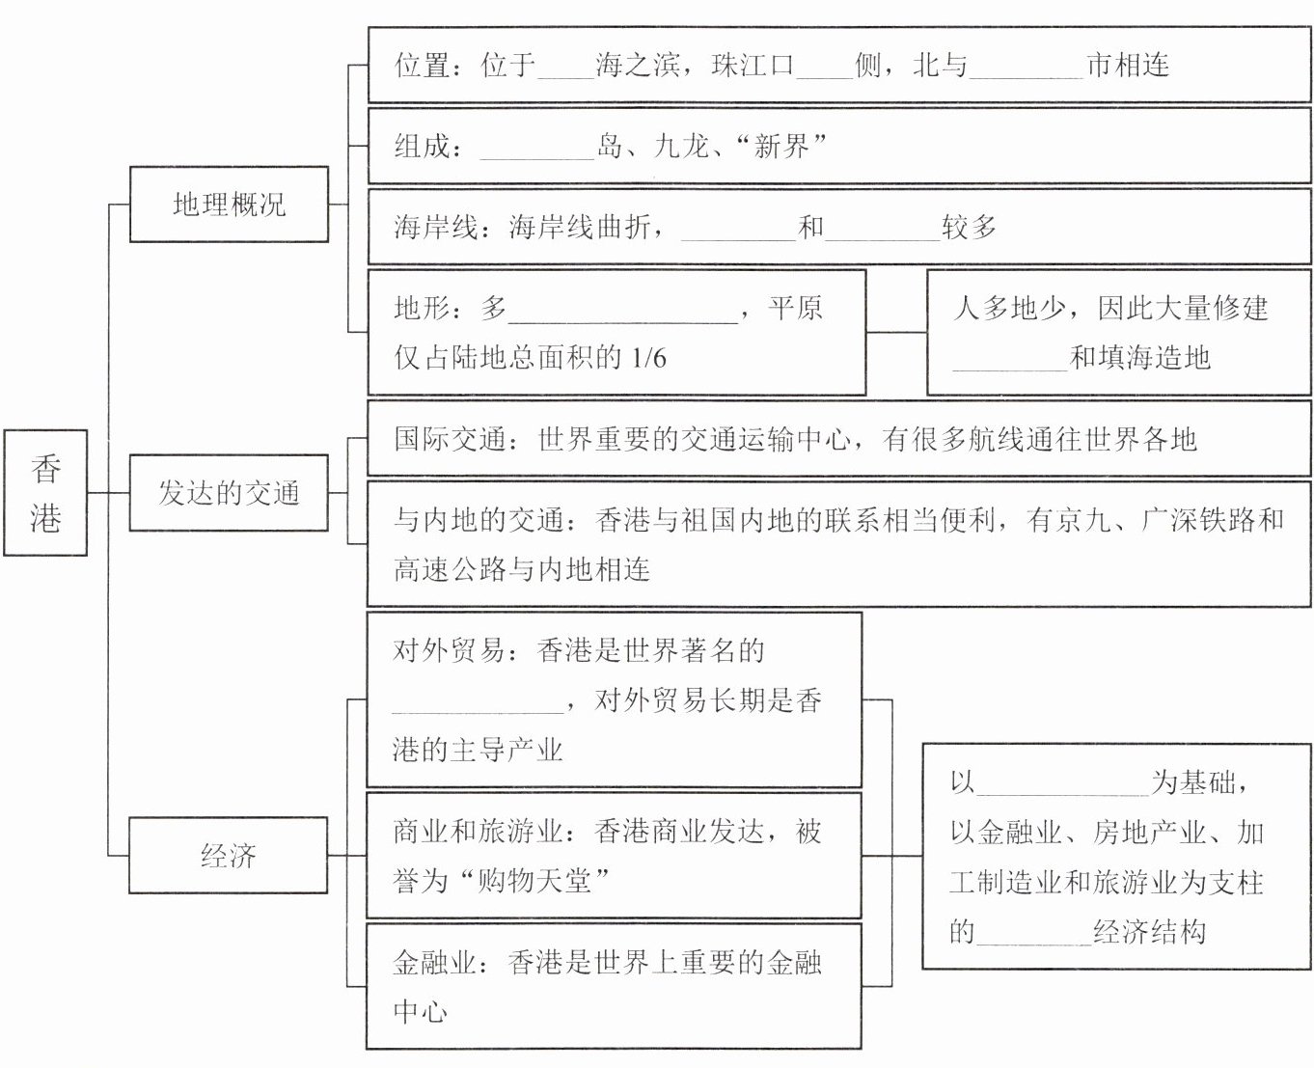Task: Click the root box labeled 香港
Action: (x=45, y=492)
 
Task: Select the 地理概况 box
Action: (x=229, y=204)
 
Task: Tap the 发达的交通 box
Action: (x=229, y=492)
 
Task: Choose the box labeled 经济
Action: (x=229, y=855)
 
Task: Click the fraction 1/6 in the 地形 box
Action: (x=647, y=358)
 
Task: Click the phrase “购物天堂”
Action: (x=534, y=880)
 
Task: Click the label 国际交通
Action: (x=450, y=440)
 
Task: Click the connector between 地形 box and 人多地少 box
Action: (x=896, y=332)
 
